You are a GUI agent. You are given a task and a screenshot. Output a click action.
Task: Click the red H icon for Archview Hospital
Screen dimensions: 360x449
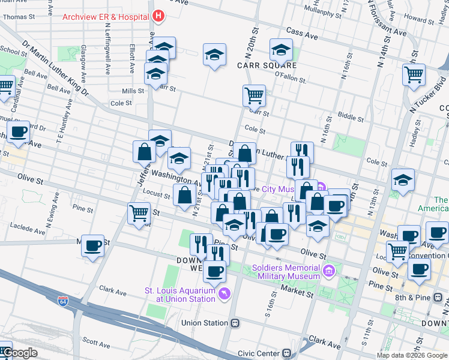coord(158,16)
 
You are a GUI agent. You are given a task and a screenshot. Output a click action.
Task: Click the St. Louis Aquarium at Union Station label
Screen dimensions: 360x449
coord(179,295)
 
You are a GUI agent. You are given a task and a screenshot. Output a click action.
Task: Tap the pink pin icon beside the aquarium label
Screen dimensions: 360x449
coord(224,293)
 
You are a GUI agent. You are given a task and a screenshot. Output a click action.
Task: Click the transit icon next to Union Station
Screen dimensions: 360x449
coord(236,323)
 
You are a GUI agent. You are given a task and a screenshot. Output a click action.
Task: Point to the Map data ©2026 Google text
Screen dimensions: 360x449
coord(411,355)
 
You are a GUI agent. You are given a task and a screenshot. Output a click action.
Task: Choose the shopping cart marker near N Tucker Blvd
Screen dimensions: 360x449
coord(414,76)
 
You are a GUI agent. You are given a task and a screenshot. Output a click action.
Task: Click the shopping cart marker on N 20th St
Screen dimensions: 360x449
coord(254,94)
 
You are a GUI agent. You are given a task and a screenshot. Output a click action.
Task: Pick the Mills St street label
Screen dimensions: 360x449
coord(133,91)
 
